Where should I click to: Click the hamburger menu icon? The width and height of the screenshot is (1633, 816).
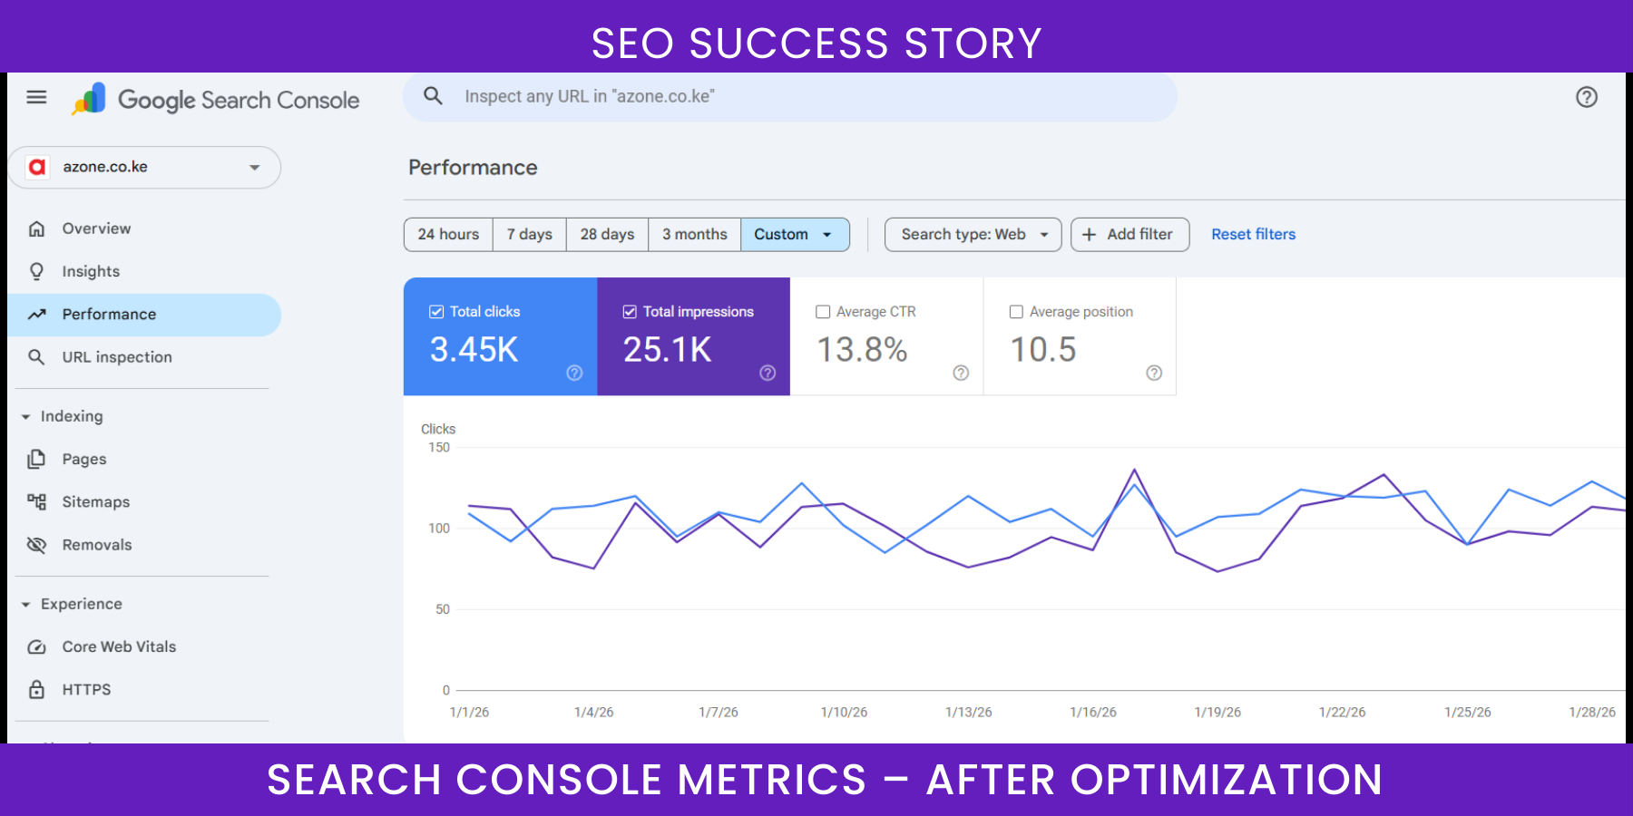click(x=36, y=97)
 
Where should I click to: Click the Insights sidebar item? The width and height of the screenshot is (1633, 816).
click(x=91, y=271)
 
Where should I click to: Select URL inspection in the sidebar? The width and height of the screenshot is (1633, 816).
click(x=116, y=357)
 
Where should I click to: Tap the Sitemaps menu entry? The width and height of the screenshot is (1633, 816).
click(x=95, y=502)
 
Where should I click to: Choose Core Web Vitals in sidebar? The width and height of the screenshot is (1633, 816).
click(x=119, y=647)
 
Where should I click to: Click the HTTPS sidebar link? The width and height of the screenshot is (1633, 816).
click(x=86, y=690)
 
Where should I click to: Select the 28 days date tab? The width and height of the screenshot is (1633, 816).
click(x=607, y=235)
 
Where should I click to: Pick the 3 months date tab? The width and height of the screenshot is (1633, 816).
click(x=694, y=235)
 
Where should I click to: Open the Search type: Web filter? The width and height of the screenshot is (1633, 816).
click(x=973, y=235)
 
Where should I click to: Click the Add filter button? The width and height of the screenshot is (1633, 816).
click(x=1129, y=235)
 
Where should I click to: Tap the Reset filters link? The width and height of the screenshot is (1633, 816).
click(x=1253, y=235)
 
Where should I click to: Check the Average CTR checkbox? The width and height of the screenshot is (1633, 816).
click(x=823, y=312)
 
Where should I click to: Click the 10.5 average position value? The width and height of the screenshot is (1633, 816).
click(x=1043, y=350)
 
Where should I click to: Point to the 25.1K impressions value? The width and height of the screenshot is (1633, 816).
click(x=667, y=350)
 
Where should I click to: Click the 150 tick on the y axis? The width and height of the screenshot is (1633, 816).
click(x=439, y=448)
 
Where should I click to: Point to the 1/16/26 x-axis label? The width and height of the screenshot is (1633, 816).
click(x=1092, y=713)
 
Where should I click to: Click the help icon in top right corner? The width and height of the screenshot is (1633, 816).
click(x=1586, y=97)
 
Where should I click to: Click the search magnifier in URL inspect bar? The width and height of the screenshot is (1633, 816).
click(x=434, y=96)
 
